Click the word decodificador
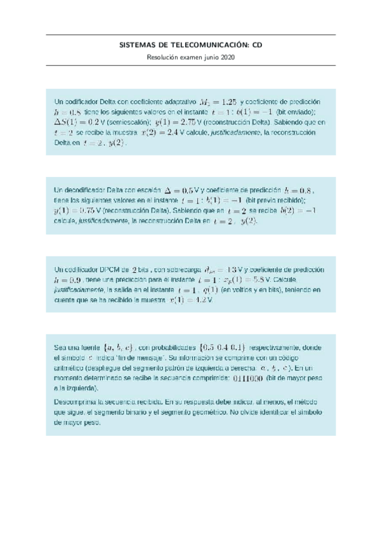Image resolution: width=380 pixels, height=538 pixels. click(x=84, y=190)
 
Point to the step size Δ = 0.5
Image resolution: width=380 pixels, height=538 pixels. click(x=180, y=190)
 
